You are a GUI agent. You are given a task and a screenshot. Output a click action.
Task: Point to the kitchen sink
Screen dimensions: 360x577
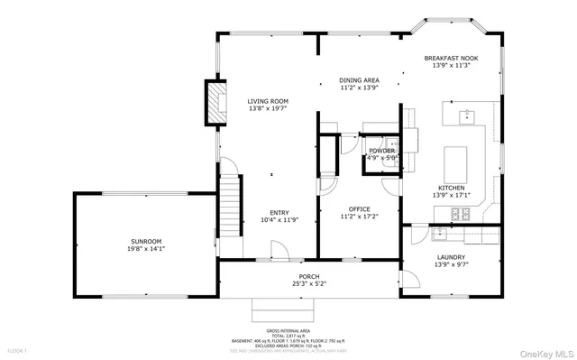(467, 115)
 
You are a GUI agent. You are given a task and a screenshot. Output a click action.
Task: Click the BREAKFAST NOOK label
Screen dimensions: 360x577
(451, 59)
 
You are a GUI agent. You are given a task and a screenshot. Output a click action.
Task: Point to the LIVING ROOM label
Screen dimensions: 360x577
(268, 101)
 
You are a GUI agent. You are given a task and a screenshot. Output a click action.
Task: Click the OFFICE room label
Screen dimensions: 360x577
(358, 208)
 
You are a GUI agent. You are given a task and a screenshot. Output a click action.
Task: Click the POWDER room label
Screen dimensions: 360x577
(381, 150)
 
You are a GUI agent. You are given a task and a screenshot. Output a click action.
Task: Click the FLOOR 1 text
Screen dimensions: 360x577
(18, 350)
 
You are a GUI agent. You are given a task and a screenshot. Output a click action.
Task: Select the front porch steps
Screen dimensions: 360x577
(285, 309)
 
